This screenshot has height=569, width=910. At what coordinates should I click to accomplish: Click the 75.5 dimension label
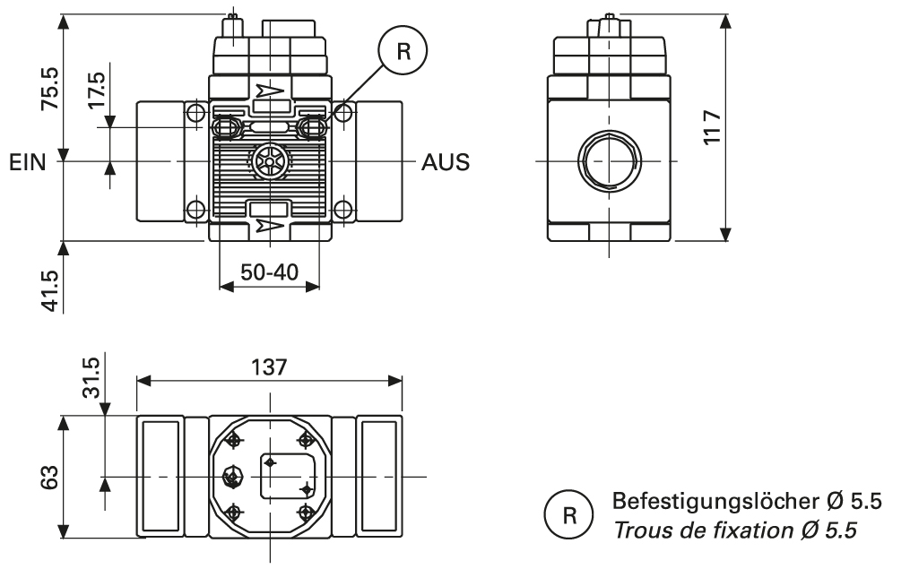pos(50,85)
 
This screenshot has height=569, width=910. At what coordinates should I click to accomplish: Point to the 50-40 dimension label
pos(269,269)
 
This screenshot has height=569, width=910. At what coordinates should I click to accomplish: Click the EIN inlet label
pos(27,162)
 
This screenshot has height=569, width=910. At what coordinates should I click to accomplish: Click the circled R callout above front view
pos(403,50)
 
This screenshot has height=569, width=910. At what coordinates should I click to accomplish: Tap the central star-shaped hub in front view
pos(268,161)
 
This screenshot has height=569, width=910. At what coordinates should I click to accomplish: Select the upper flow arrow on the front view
pos(268,91)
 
